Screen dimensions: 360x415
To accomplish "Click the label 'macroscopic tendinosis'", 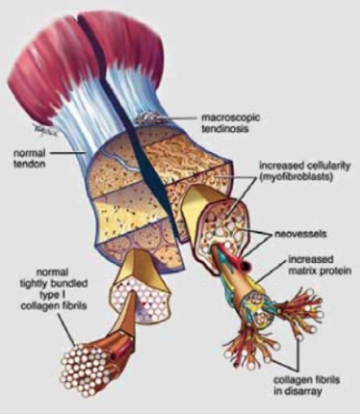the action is coord(230,123).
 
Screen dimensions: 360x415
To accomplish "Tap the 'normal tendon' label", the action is coord(30,158).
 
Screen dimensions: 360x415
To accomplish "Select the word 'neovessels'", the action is coord(301,234).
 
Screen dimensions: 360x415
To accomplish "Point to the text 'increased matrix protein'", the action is coord(319,265).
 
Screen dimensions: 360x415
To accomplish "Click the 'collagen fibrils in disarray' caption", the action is coord(307,385).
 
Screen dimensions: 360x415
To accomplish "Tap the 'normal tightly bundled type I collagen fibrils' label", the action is coord(53,289).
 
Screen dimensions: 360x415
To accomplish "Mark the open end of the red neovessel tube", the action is coord(247,265).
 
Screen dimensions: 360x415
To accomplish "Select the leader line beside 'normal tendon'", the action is coord(68,153).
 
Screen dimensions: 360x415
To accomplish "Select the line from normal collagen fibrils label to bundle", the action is coord(66,329).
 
